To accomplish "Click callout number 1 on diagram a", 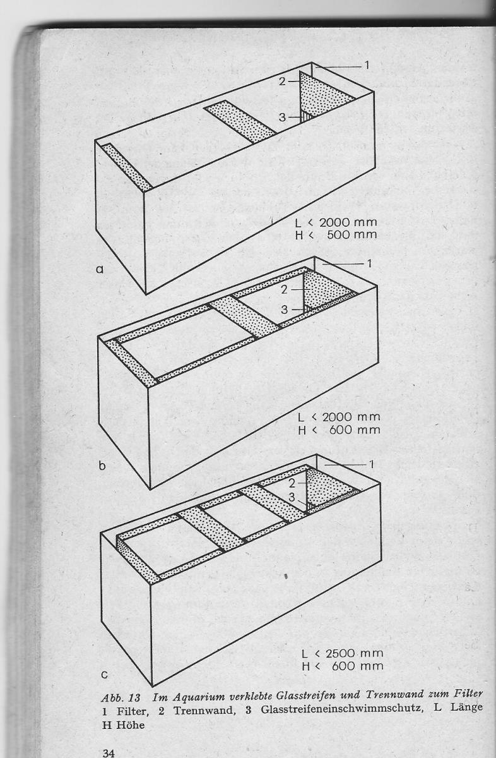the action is (x=367, y=65).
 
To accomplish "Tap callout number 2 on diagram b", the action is (x=284, y=290).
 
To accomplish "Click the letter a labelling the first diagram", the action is (x=100, y=270).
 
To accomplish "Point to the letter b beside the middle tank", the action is (x=102, y=466).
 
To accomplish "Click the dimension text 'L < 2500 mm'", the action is (x=343, y=653).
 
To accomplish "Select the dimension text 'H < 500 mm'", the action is (x=336, y=235).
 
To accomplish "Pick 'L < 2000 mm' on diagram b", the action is (x=339, y=418).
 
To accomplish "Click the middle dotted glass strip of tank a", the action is (x=240, y=121).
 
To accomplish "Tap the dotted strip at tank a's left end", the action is (x=127, y=167).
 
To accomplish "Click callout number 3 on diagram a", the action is (x=282, y=117).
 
